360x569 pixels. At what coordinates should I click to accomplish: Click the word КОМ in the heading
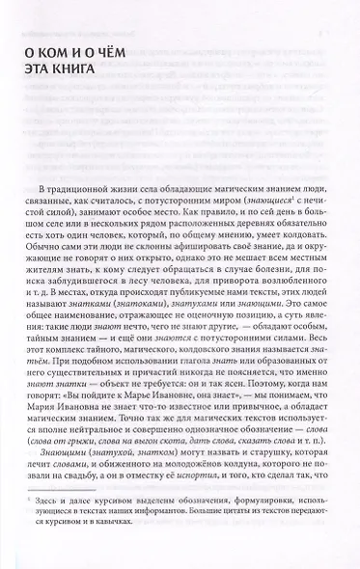point(71,50)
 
